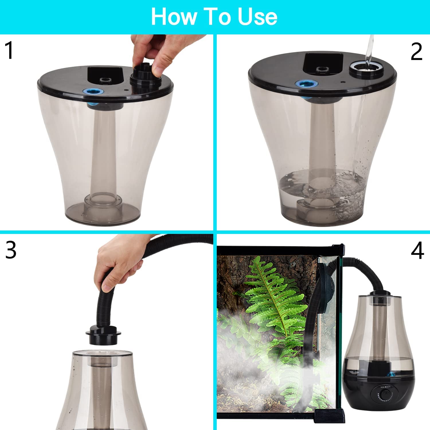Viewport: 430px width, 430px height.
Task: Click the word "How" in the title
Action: (173, 17)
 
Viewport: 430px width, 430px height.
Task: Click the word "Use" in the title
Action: (257, 17)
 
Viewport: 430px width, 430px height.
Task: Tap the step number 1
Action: (10, 50)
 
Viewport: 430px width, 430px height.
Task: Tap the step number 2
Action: (417, 52)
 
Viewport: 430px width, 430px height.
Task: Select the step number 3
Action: (11, 250)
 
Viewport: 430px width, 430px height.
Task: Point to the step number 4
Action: (417, 250)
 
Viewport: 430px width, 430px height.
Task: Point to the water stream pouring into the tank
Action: (369, 49)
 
